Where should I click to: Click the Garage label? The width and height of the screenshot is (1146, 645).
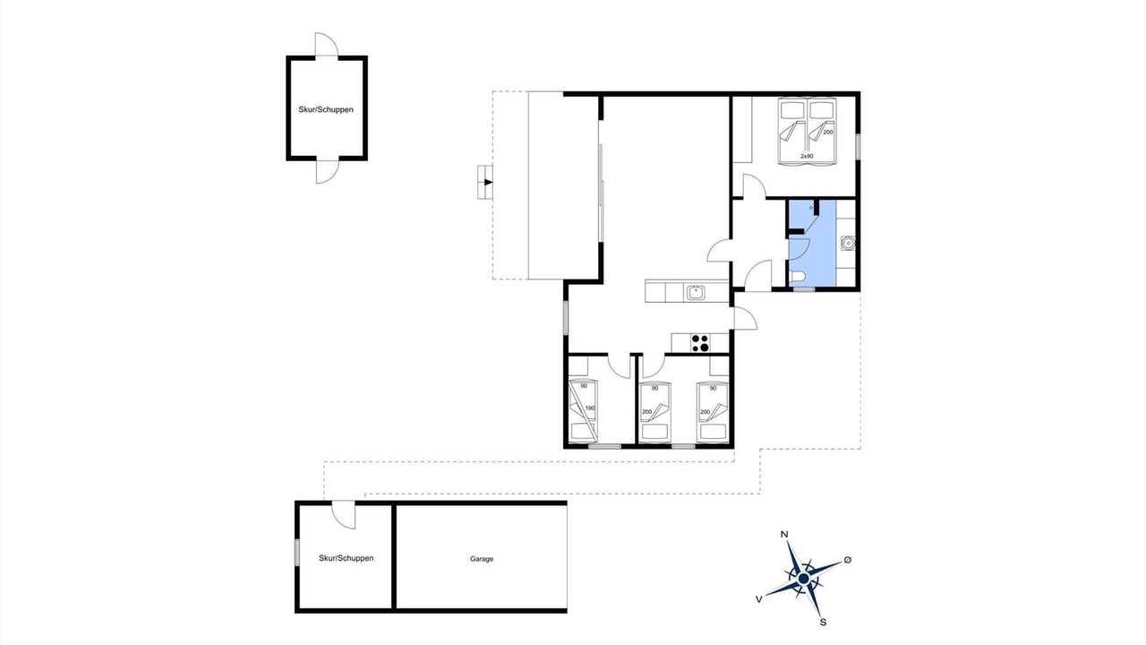click(x=482, y=559)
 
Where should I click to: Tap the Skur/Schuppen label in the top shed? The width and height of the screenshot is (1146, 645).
click(x=326, y=109)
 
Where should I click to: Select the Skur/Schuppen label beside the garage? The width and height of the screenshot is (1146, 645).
click(x=346, y=558)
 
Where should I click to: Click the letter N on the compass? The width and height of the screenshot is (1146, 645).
click(x=783, y=535)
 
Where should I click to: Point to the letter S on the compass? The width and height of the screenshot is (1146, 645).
click(x=823, y=623)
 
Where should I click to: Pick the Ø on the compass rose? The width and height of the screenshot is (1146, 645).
click(x=847, y=560)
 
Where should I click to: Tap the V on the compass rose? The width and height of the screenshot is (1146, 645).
click(x=759, y=599)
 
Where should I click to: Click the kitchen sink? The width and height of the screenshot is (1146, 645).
click(x=696, y=292)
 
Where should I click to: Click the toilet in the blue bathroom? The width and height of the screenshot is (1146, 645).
click(x=797, y=278)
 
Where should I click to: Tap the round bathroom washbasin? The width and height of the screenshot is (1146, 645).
click(x=848, y=243)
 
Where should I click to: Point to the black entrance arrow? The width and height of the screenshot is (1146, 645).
click(x=489, y=182)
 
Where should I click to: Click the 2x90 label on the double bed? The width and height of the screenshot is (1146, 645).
click(x=807, y=156)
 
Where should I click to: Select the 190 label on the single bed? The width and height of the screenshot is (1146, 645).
click(x=590, y=408)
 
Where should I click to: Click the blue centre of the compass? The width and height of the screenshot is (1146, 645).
click(x=803, y=579)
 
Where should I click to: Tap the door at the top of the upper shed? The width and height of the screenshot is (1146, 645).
click(x=327, y=45)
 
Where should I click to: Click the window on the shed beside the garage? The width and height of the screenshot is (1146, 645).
click(x=296, y=553)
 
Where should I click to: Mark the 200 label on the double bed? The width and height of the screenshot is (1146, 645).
click(x=828, y=132)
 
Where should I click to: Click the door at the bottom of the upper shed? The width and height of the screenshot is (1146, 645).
click(x=328, y=171)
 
